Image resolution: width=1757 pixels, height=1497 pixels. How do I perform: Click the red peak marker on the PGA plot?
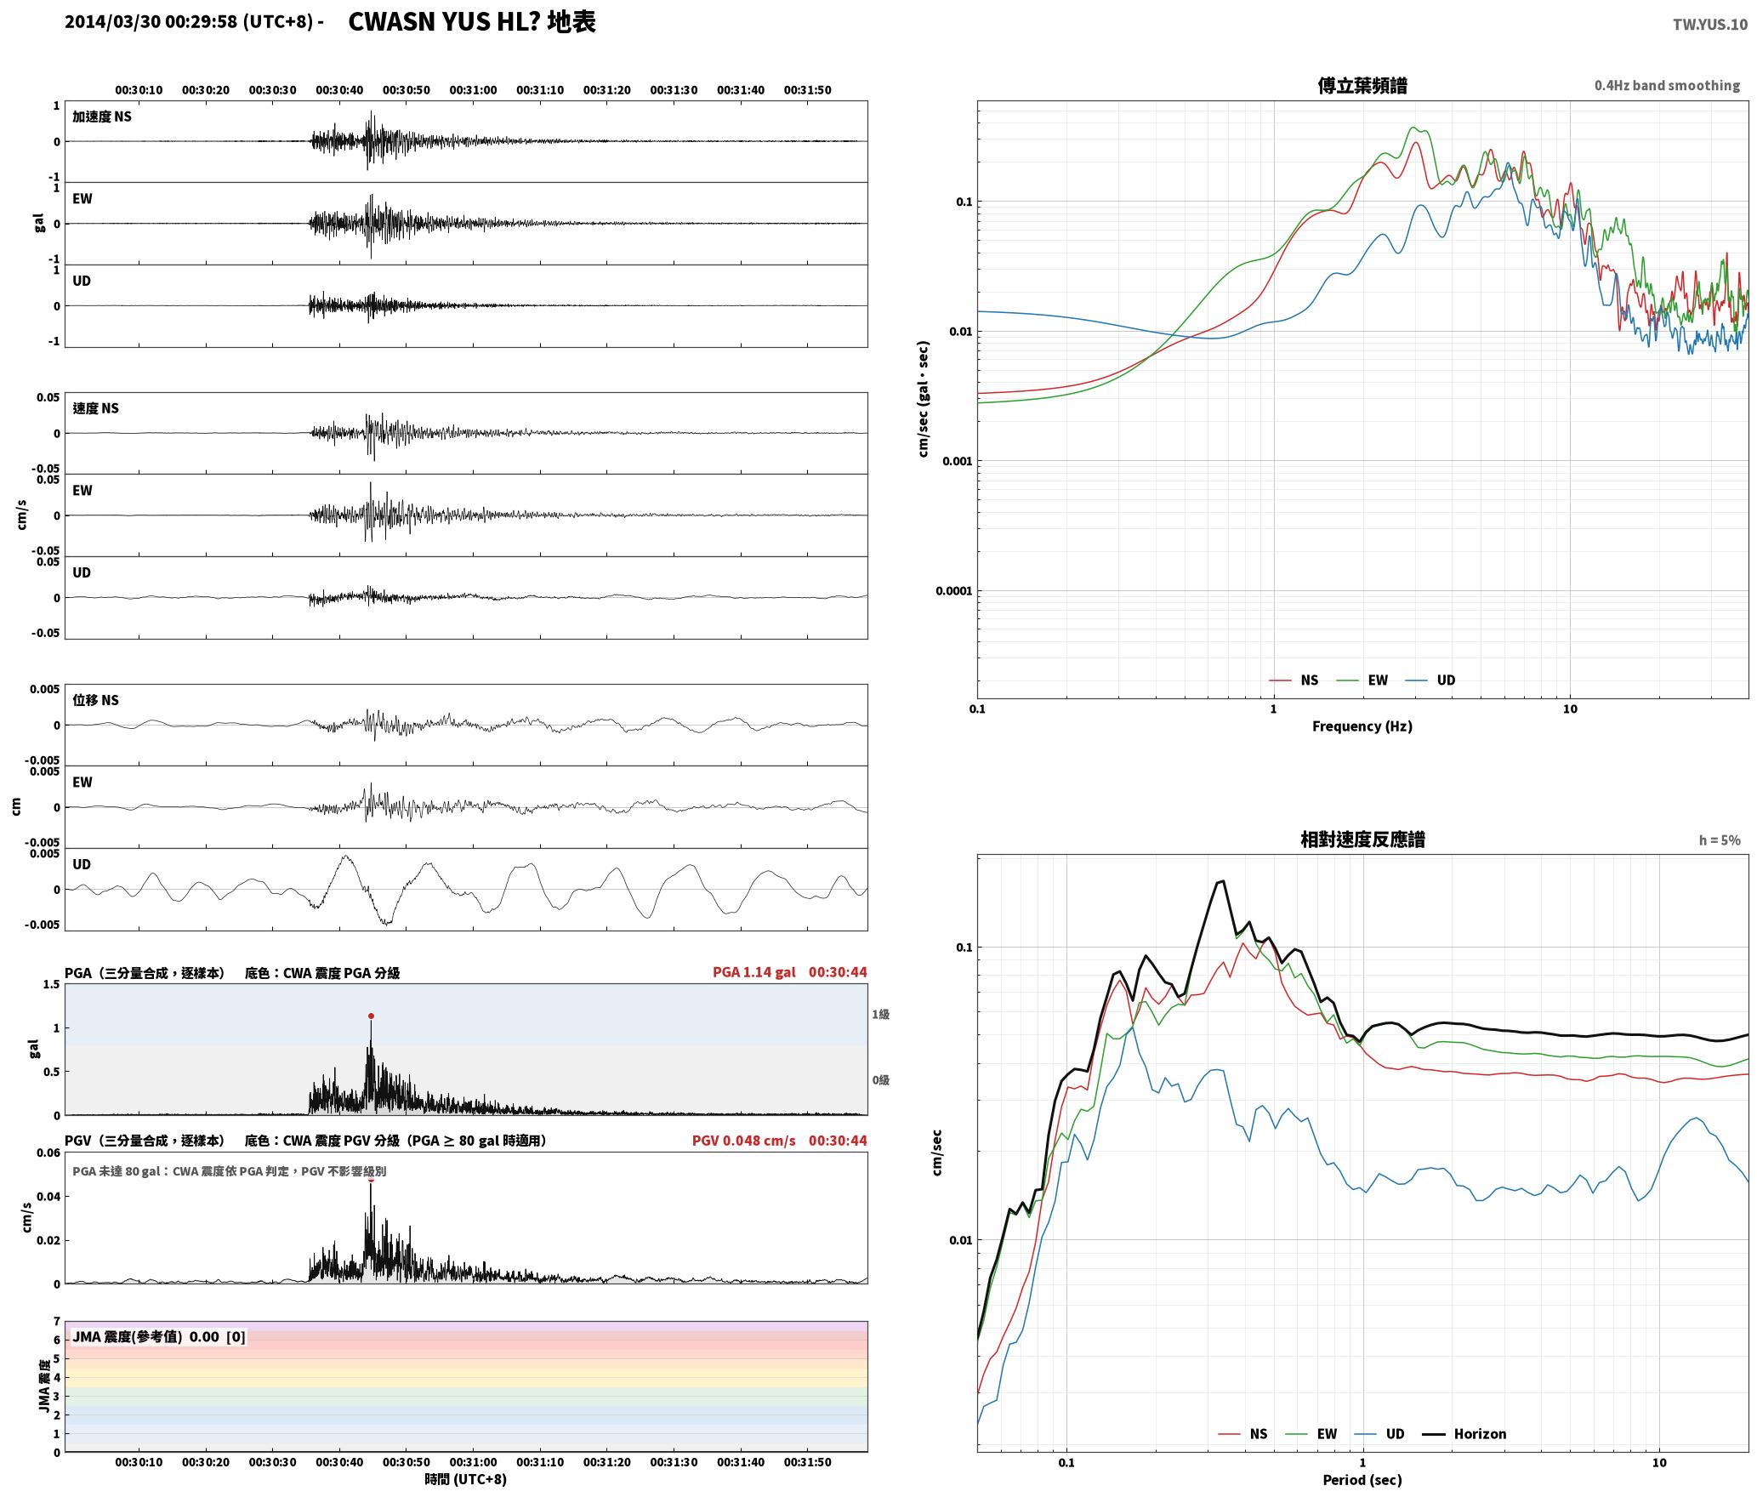(371, 1016)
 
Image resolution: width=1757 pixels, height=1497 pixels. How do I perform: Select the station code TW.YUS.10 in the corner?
(1709, 25)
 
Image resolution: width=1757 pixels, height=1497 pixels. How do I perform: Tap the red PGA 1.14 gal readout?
(754, 972)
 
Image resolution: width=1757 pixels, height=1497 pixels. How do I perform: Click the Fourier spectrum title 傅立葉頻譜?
(1362, 86)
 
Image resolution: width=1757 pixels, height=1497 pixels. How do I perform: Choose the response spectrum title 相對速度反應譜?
(1362, 840)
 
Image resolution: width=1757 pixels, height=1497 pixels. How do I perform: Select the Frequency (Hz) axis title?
(1362, 726)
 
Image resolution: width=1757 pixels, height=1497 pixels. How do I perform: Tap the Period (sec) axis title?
(1362, 1479)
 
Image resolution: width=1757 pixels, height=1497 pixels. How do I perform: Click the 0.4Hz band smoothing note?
(1667, 85)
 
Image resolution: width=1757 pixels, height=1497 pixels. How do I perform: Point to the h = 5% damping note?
(1720, 840)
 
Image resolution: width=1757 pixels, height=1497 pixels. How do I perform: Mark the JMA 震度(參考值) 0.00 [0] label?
(159, 1336)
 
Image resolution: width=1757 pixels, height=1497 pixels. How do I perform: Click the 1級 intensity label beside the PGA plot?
(880, 1014)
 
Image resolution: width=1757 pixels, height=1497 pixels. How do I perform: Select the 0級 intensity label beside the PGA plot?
(880, 1080)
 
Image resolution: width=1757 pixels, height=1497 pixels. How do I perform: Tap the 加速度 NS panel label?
(102, 117)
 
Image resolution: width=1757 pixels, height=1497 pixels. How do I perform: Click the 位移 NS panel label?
(95, 700)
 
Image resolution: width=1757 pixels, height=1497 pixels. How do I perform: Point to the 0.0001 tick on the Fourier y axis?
(953, 591)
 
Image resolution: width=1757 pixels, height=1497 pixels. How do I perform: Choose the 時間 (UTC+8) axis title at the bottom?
(466, 1479)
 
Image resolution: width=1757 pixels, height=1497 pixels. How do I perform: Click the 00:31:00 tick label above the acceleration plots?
(473, 89)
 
